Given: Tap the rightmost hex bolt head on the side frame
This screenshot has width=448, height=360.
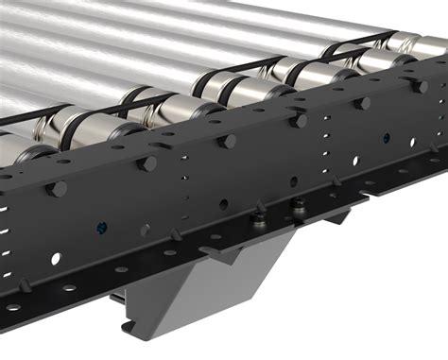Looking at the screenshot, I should point(417,86).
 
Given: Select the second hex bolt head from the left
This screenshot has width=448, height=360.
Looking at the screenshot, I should point(147,163).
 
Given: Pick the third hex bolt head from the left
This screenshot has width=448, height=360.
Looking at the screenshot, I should point(227,141).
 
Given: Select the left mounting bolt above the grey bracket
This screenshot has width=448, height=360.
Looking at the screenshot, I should point(255,219).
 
